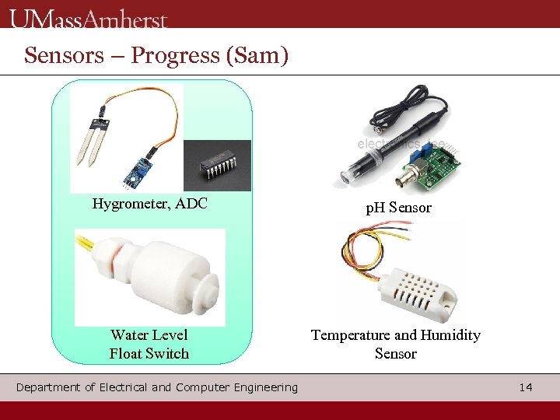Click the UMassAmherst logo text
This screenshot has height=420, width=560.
tap(89, 17)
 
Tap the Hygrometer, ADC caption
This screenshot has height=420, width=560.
tap(149, 205)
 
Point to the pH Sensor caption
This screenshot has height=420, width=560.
tap(398, 208)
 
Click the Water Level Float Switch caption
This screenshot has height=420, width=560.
tap(149, 345)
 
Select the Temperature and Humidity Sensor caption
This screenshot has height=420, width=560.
tap(395, 345)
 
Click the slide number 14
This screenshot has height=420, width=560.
tap(526, 387)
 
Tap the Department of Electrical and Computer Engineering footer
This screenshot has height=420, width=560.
tap(156, 387)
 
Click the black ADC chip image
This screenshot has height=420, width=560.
tap(217, 166)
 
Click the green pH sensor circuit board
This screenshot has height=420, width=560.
tap(432, 168)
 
